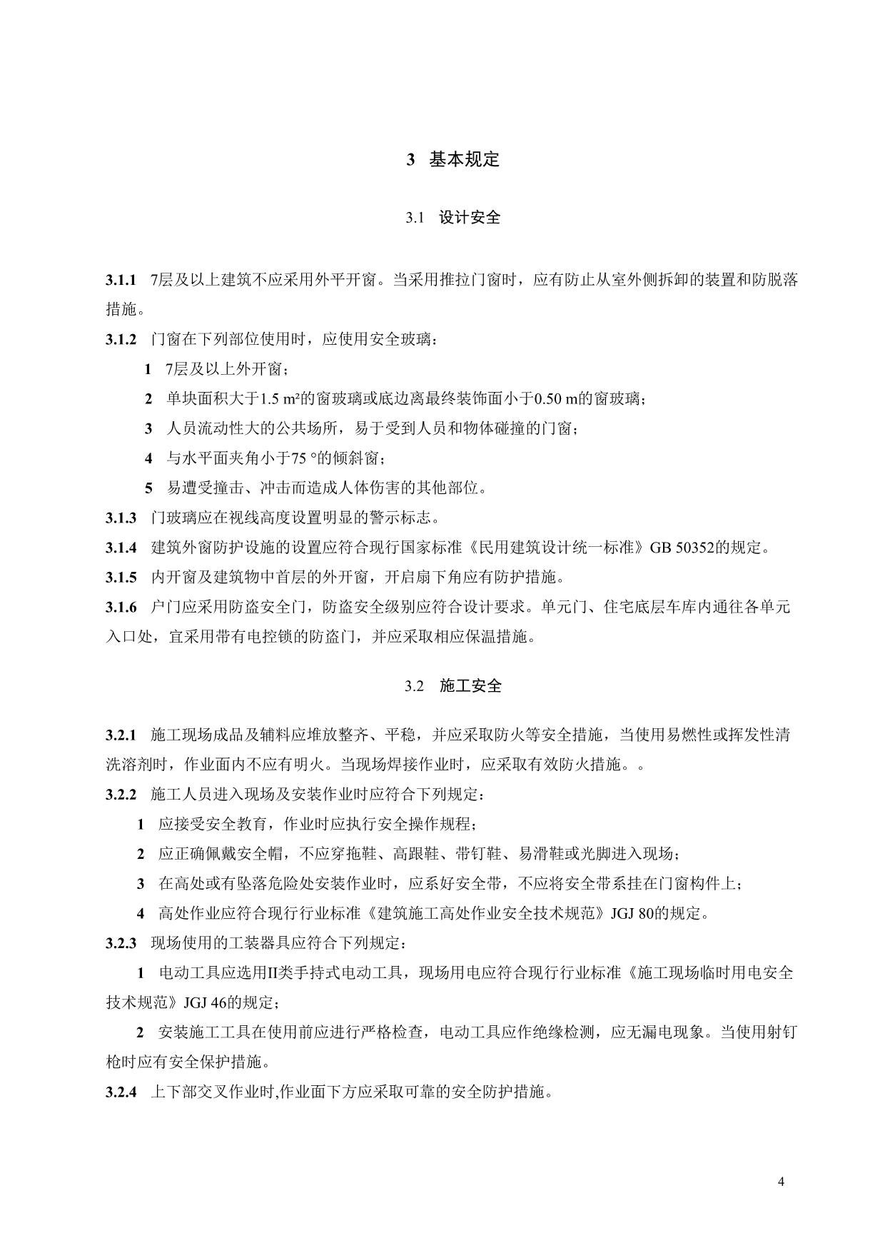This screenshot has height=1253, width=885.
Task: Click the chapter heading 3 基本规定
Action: point(452,160)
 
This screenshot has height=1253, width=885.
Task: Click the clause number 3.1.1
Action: point(121,280)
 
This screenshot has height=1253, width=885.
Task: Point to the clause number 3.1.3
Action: point(121,518)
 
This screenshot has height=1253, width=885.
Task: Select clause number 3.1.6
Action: point(121,608)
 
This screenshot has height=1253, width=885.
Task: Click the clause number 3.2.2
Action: point(121,794)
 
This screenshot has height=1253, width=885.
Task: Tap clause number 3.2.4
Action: point(121,1092)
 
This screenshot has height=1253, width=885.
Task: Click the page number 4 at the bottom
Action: point(781,1182)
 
